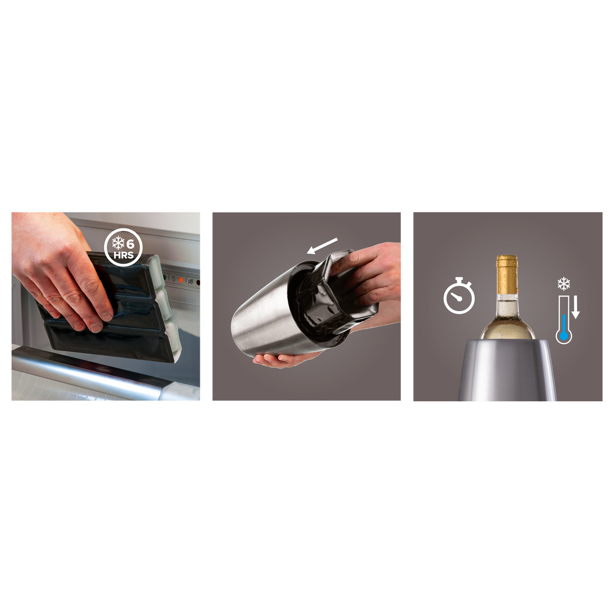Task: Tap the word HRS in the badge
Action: click(x=123, y=255)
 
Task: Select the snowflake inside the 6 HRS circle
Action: click(x=118, y=244)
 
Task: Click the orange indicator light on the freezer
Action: click(x=181, y=280)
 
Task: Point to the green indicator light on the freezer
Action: click(x=164, y=277)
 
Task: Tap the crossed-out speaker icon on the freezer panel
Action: click(x=191, y=281)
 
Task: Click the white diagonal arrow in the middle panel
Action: click(x=322, y=246)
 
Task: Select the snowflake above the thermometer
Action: click(x=564, y=284)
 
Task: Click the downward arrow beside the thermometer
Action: click(x=575, y=307)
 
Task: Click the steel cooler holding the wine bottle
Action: click(x=507, y=369)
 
